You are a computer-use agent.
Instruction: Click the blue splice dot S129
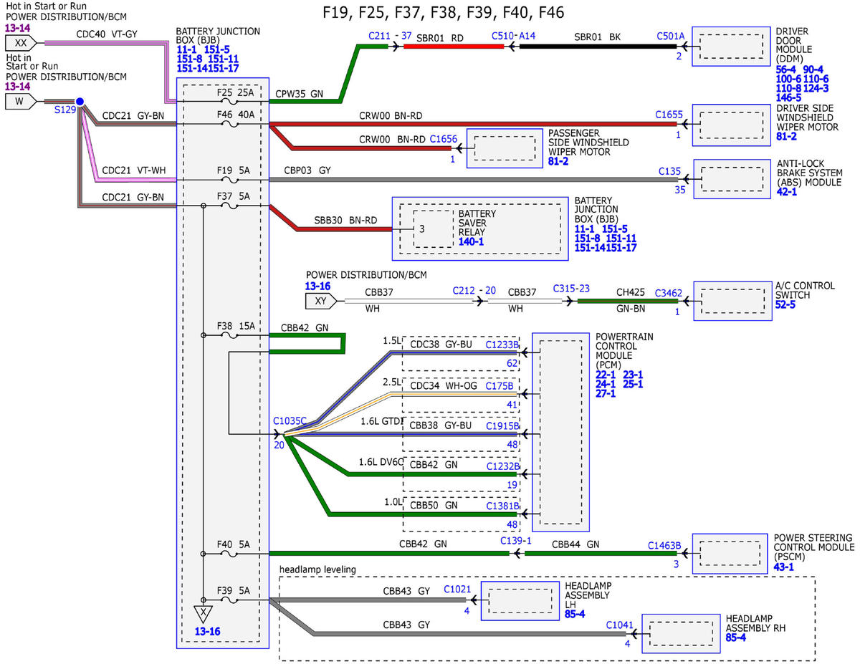(80, 102)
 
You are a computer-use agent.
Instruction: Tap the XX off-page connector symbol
(21, 43)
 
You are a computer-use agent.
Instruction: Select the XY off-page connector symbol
(320, 302)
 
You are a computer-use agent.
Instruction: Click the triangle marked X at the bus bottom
(203, 614)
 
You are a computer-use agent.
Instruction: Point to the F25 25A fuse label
(235, 92)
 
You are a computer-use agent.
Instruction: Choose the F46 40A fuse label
(236, 115)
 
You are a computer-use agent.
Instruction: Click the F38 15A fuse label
(236, 326)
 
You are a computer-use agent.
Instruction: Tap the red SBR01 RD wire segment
(454, 47)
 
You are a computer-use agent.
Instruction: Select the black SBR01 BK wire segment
(598, 47)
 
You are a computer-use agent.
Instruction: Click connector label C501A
(670, 36)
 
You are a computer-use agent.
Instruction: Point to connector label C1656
(443, 139)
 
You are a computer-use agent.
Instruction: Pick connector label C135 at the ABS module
(669, 171)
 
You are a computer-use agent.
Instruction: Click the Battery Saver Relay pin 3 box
(434, 229)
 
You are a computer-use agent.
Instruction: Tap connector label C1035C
(290, 420)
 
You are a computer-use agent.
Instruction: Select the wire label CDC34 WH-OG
(444, 385)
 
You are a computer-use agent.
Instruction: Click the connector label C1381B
(502, 506)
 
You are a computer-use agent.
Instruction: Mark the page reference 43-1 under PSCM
(783, 567)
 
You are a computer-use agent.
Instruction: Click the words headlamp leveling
(317, 569)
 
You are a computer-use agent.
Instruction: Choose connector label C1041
(620, 625)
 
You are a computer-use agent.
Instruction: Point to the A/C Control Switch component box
(732, 301)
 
